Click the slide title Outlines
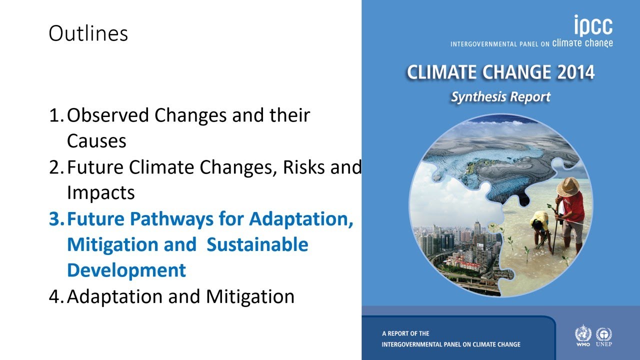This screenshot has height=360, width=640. coord(88,34)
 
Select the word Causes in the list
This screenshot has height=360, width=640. coord(96,141)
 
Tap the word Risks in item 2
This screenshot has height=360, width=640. coord(303,167)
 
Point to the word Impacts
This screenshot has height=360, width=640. coord(100,193)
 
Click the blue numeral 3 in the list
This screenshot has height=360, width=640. coord(54,219)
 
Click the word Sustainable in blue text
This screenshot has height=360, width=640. coord(257,245)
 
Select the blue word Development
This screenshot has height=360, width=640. coord(126,270)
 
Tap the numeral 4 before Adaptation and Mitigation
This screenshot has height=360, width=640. coord(54,296)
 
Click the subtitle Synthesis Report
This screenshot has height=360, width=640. coord(500,96)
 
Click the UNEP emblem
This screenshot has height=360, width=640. coord(604,335)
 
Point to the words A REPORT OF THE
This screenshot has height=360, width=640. coord(405,333)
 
